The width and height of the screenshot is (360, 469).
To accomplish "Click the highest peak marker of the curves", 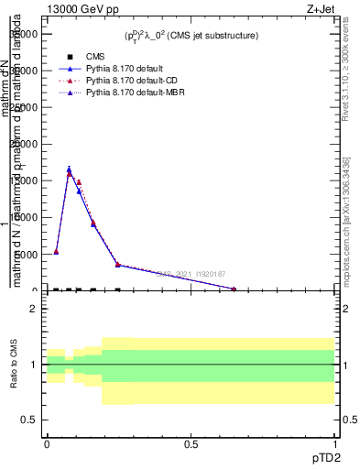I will [x=70, y=170].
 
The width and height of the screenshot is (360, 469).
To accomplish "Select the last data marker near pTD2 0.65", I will [x=234, y=289].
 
